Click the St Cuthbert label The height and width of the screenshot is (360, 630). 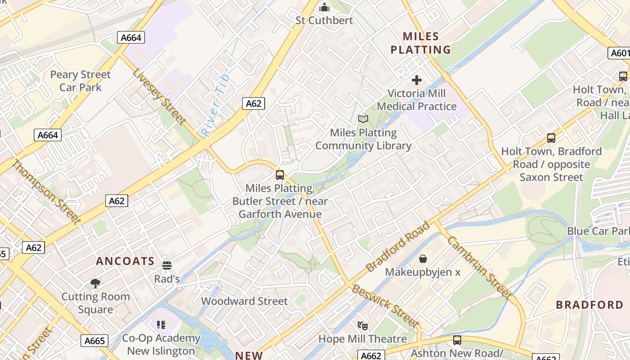click(324, 20)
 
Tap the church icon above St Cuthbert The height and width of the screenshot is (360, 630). click(324, 7)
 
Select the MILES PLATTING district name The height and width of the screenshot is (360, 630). click(420, 43)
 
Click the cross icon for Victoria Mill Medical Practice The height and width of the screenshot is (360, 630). click(417, 80)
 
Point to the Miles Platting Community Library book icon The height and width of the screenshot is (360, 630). click(363, 119)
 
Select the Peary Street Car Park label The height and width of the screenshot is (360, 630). click(80, 81)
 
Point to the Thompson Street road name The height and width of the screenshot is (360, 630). click(45, 191)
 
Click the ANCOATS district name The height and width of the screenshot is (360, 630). click(125, 261)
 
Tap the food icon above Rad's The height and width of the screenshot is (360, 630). click(167, 265)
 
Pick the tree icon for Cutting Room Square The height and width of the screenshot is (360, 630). click(95, 283)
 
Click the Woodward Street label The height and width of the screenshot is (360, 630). click(244, 301)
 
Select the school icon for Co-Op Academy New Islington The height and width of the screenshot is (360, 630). click(161, 324)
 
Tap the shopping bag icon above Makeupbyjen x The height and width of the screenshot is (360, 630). click(423, 259)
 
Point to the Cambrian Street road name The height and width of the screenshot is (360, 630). click(479, 268)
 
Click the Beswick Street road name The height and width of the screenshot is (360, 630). click(385, 306)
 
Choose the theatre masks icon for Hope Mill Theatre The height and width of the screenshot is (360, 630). click(363, 325)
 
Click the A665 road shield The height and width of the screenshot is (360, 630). click(95, 341)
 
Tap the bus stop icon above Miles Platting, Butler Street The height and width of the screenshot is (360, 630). click(280, 175)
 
